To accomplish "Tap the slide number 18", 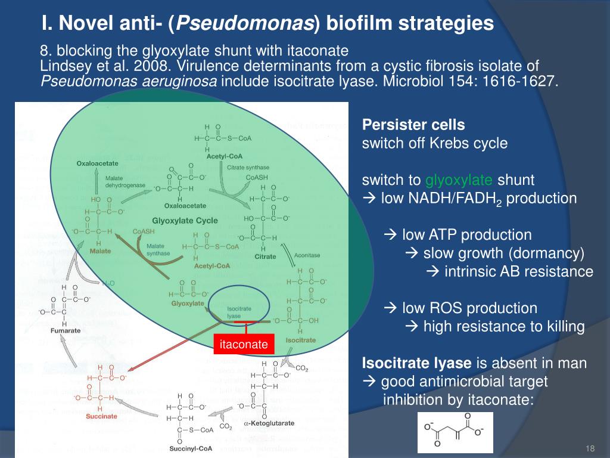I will coord(591,448).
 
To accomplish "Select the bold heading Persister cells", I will coord(413,125).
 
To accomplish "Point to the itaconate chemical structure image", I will coord(455,432).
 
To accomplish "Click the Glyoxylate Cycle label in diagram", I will coord(185,220).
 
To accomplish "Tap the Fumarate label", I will coord(66,330).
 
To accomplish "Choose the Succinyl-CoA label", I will coord(191,448).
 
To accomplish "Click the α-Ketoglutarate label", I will coord(269,422).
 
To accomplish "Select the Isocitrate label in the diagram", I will coord(301,340).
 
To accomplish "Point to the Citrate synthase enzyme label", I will coord(248,168).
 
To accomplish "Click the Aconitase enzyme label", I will coord(307,255).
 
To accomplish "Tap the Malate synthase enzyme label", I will coord(157,249).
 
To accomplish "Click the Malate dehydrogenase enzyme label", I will coord(125,182).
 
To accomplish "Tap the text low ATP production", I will coord(466,235).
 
